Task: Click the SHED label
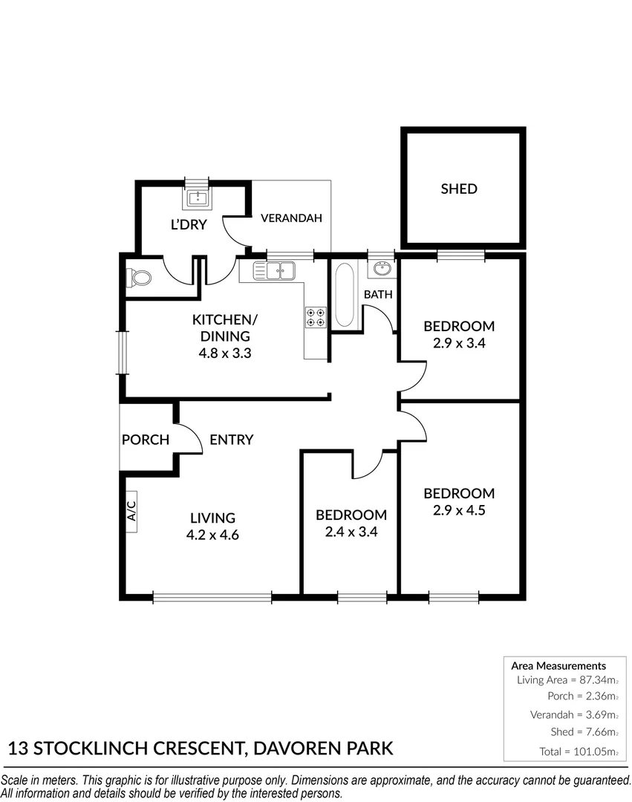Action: coord(459,189)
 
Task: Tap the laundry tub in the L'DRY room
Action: coord(198,198)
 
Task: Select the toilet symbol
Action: coord(140,278)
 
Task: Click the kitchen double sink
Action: coord(274,270)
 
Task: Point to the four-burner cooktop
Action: coord(316,317)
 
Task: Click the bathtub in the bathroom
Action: coord(344,295)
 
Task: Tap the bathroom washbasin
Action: coord(380,269)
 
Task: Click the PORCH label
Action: coord(146,440)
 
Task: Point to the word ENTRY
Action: coord(231,440)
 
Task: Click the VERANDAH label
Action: coord(291,218)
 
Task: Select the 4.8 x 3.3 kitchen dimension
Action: coord(225,353)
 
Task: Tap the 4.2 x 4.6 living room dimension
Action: coord(212,535)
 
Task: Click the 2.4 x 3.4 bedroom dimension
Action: coord(351,532)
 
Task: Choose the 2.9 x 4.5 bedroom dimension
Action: coord(459,510)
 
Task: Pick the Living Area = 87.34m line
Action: coord(567,679)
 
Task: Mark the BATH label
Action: coord(378,295)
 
